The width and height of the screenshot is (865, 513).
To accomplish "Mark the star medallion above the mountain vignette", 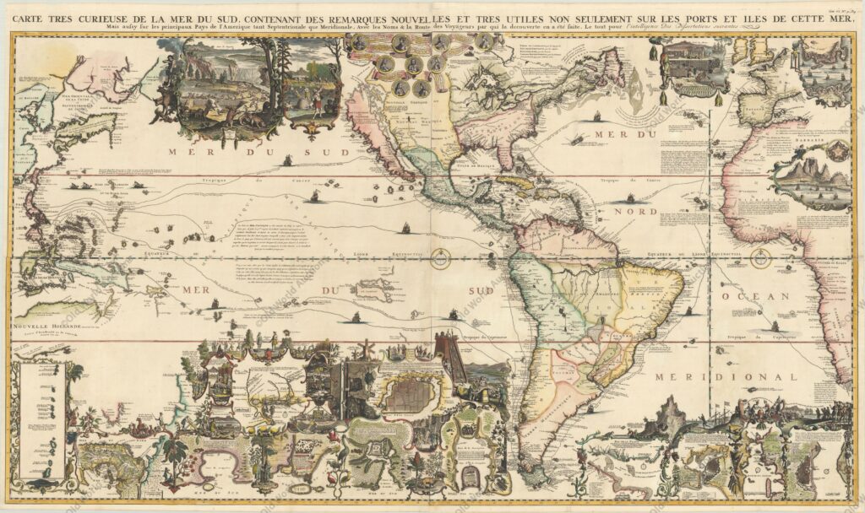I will tap(837, 153).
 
